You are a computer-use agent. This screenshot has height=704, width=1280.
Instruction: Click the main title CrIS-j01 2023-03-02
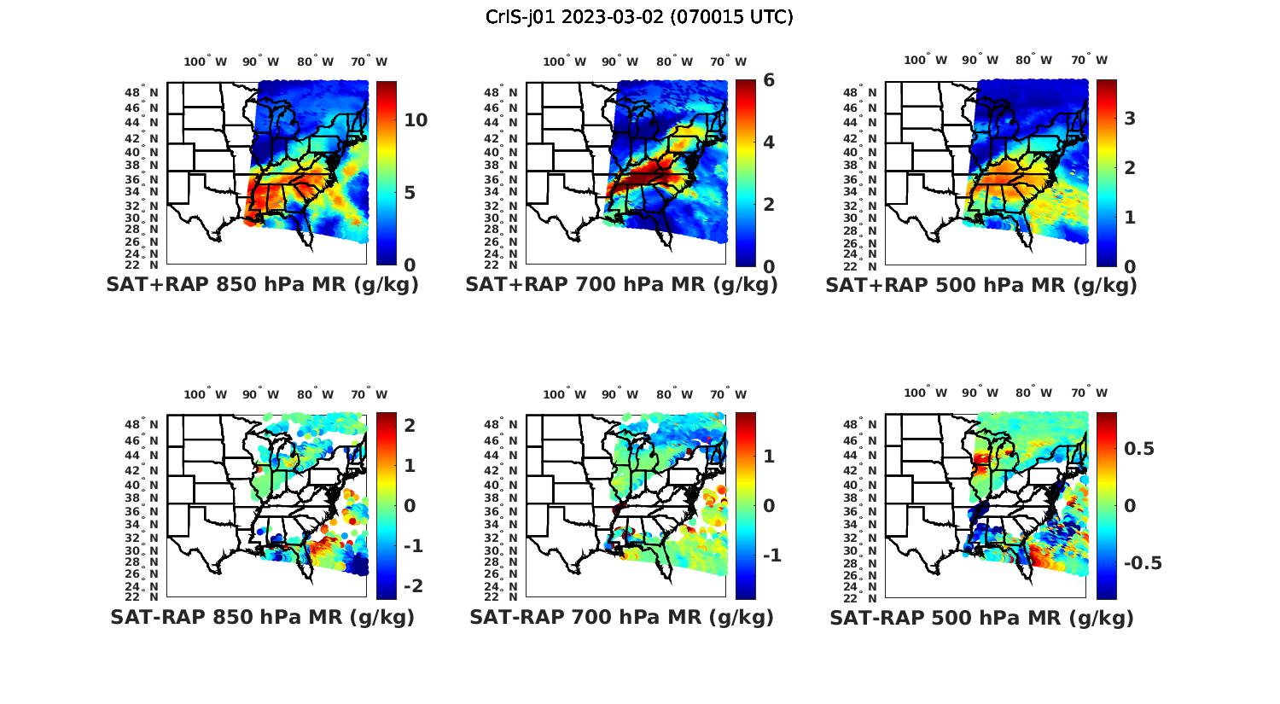click(x=639, y=17)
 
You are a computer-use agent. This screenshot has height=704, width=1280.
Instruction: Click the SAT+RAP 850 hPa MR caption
click(x=262, y=285)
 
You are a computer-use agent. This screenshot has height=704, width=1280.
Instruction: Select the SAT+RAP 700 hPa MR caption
click(x=621, y=285)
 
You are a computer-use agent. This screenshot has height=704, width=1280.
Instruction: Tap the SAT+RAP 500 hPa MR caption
click(x=981, y=285)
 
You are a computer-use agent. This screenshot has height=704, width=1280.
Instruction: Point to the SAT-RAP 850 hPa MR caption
click(x=262, y=617)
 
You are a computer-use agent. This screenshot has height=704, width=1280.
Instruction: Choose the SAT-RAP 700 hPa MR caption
click(x=621, y=617)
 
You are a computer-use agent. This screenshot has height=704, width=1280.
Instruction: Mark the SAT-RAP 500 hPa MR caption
click(x=981, y=617)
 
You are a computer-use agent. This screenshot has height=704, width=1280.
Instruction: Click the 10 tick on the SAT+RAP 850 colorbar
click(x=416, y=120)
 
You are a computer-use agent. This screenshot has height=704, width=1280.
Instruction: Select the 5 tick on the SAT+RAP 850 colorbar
click(x=410, y=193)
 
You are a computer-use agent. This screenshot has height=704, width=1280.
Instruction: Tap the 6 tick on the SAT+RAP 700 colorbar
click(x=769, y=80)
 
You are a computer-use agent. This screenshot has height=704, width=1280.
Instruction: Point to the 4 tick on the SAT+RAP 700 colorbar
click(x=769, y=142)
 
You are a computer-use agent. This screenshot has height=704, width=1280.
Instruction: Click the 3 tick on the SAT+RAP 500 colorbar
click(x=1130, y=119)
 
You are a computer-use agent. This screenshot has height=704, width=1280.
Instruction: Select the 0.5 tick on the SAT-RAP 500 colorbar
click(x=1139, y=449)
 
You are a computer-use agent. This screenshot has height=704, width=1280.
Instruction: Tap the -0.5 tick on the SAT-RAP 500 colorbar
click(x=1143, y=563)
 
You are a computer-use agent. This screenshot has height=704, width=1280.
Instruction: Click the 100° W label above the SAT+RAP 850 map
click(x=206, y=61)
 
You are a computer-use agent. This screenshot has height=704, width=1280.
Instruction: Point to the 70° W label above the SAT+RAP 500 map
click(x=1089, y=60)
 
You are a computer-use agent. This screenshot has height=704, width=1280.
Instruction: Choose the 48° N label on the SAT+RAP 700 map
click(x=500, y=92)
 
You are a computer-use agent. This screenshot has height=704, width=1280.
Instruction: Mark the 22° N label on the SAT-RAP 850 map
click(x=142, y=596)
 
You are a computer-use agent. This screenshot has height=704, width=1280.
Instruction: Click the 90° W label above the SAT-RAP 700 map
click(x=620, y=394)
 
